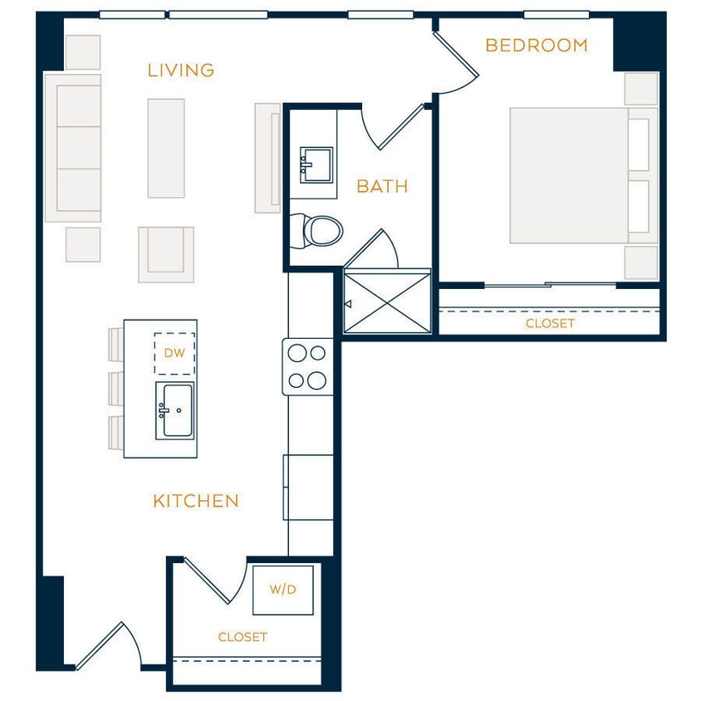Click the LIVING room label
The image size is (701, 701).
(181, 71)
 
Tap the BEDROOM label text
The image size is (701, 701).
(536, 46)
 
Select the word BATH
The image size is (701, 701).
(382, 186)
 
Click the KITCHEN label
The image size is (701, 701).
(196, 501)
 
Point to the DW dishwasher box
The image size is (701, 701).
(174, 353)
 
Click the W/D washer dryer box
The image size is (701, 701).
(283, 590)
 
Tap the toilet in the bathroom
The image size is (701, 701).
(320, 230)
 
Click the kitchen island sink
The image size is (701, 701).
(174, 411)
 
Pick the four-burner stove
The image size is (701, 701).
(307, 367)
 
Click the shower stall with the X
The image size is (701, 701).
(387, 301)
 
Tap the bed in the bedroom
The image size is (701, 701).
(573, 175)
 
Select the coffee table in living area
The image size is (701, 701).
(166, 148)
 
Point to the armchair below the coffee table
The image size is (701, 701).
(166, 252)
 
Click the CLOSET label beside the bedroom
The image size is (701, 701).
(550, 323)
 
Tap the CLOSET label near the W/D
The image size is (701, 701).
(243, 637)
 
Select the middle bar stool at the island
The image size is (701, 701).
(115, 388)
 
